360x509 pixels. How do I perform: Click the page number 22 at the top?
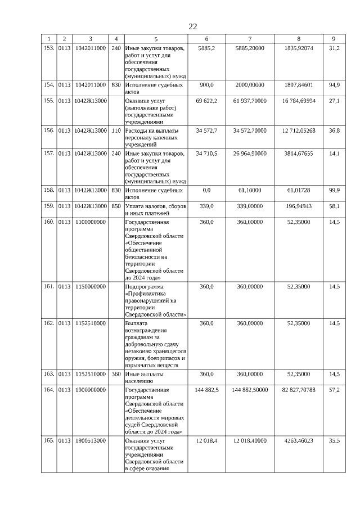(x=193, y=27)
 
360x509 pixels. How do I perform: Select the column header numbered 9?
(x=334, y=39)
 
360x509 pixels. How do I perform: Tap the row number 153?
(x=49, y=49)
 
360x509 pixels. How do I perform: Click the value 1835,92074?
(x=298, y=49)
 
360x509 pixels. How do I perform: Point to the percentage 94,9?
(x=334, y=85)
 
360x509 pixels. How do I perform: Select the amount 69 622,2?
(x=206, y=101)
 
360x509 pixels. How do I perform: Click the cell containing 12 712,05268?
(x=298, y=130)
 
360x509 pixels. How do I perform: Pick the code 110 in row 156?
(x=116, y=130)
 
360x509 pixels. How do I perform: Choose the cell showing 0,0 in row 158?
(x=206, y=191)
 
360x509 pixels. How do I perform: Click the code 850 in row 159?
(x=116, y=206)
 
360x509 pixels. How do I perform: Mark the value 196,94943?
(x=298, y=206)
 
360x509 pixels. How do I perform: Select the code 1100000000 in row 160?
(x=90, y=222)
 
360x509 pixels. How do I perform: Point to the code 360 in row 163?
(x=116, y=374)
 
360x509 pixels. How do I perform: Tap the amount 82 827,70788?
(x=298, y=390)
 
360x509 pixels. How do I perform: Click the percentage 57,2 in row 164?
(x=334, y=390)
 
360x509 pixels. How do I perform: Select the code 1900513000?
(x=90, y=442)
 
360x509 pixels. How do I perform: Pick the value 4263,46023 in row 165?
(x=298, y=442)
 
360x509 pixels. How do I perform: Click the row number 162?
(x=49, y=323)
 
